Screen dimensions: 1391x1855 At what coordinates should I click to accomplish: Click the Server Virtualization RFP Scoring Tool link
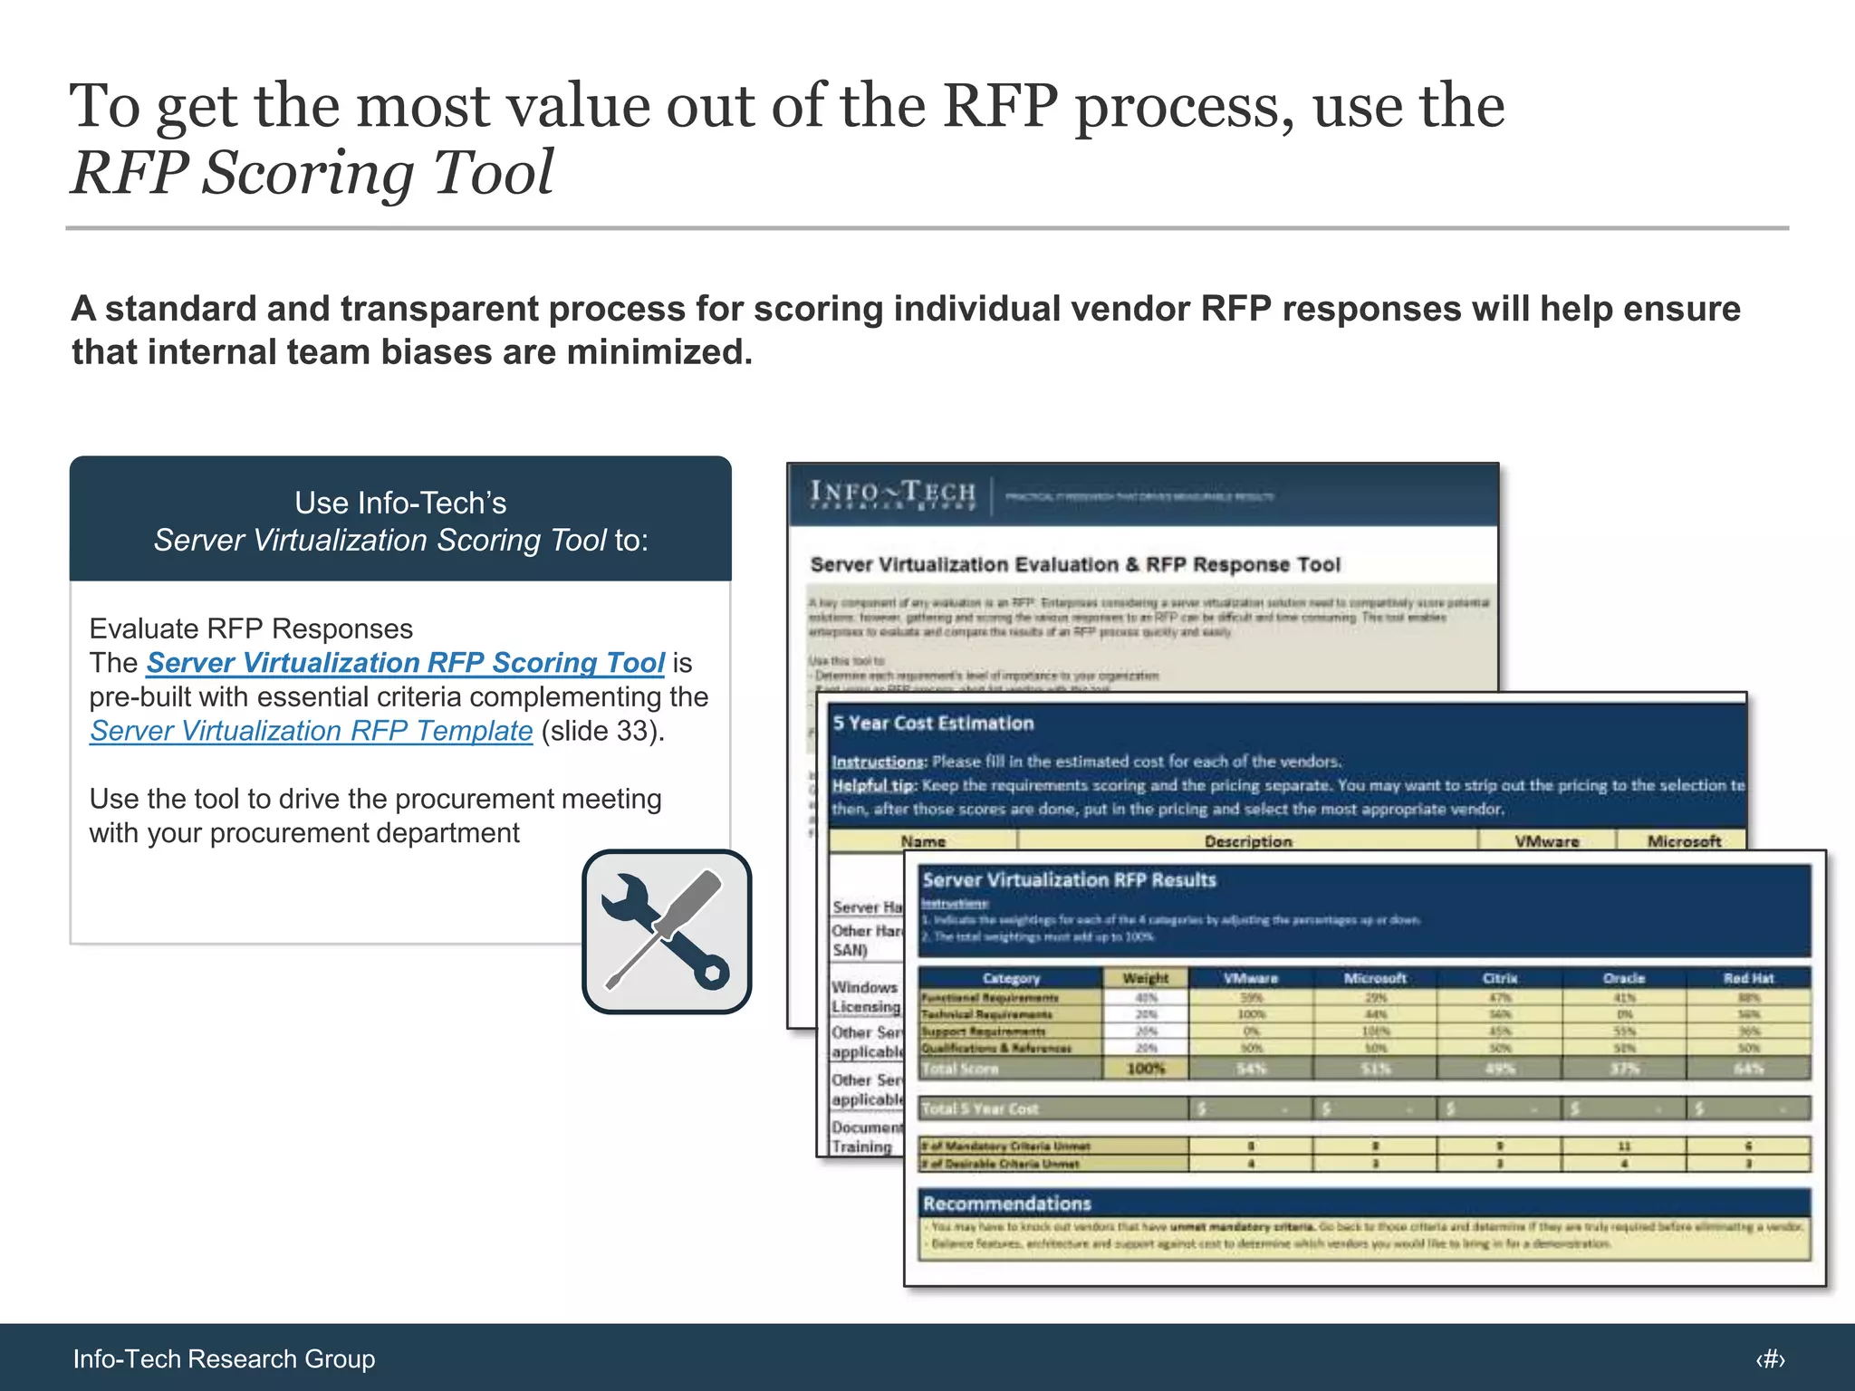pos(405,663)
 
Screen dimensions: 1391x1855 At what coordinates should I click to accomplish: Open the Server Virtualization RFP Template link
pos(311,731)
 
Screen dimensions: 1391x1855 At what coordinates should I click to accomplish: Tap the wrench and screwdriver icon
pos(667,931)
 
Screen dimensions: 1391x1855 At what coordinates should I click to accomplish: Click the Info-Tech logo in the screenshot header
pos(892,494)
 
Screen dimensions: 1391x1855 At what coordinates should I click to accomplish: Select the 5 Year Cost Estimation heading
pos(933,724)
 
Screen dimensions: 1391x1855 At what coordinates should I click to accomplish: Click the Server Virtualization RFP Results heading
pos(1069,880)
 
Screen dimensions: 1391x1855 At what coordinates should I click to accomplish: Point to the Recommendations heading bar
pos(1006,1204)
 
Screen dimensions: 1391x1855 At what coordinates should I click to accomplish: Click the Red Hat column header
pos(1748,978)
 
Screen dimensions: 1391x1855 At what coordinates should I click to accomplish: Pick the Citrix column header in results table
pos(1499,978)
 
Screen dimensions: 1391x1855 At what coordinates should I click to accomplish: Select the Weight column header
pos(1145,978)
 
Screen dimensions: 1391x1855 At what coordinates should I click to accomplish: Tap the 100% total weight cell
pos(1145,1069)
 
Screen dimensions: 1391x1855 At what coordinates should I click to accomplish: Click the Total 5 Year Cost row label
pos(979,1108)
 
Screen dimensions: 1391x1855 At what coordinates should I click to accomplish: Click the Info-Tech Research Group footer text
pos(224,1358)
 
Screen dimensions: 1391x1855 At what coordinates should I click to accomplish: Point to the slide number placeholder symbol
pos(1770,1358)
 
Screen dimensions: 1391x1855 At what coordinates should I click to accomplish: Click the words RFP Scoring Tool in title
pos(312,172)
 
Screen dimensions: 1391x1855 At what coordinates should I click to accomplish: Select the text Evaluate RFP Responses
pos(251,628)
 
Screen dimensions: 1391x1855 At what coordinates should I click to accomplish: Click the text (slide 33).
pos(602,731)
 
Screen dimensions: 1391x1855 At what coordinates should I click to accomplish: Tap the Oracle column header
pos(1623,978)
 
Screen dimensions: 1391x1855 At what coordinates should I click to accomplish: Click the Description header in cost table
pos(1247,841)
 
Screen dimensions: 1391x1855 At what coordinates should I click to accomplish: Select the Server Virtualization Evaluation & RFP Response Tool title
pos(1074,565)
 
